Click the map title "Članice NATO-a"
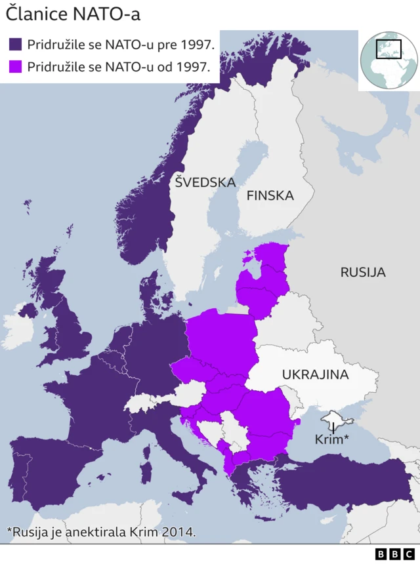pos(73,14)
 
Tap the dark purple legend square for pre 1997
pos(16,45)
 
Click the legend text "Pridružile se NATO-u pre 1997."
pos(121,45)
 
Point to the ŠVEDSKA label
pos(205,182)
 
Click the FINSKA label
pos(270,195)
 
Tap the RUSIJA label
pos(362,272)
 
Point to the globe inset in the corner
pos(389,59)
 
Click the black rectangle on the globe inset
pos(388,49)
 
